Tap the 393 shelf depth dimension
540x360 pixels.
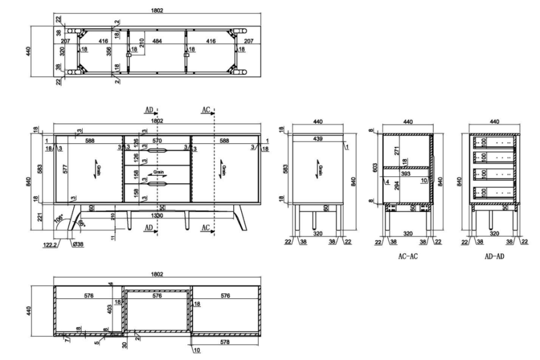click(x=406, y=173)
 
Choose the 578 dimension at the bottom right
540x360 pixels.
click(x=226, y=341)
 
